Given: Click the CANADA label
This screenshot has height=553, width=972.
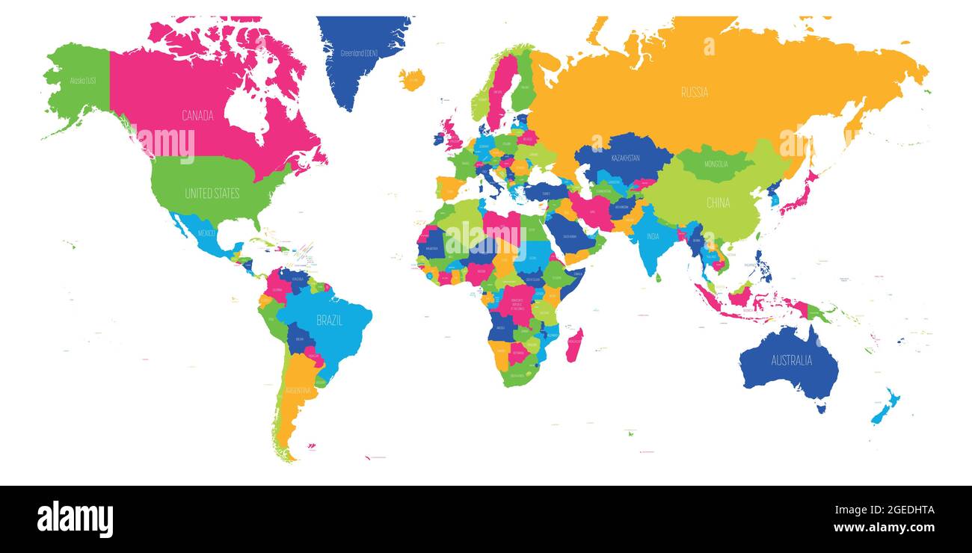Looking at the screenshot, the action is (x=197, y=116).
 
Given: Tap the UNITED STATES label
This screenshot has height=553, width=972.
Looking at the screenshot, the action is (x=212, y=194).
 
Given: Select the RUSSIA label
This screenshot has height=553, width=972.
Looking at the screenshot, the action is (x=694, y=93).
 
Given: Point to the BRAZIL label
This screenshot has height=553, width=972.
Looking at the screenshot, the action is (x=329, y=320).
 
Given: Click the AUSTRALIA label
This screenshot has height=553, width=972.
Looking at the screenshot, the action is (x=791, y=360).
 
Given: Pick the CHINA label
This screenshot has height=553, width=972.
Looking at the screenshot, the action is (x=718, y=203).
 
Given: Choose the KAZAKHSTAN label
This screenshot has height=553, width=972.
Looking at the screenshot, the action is (x=625, y=158).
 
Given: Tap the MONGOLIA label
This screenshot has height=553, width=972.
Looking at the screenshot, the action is (x=716, y=164).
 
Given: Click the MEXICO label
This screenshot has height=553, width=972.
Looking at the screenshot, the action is (x=206, y=232).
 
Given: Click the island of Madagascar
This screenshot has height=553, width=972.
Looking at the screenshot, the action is (x=573, y=345).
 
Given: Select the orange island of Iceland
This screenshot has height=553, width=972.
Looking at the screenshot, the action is (x=411, y=78).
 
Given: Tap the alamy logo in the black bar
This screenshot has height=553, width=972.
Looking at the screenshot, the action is (x=75, y=519).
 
